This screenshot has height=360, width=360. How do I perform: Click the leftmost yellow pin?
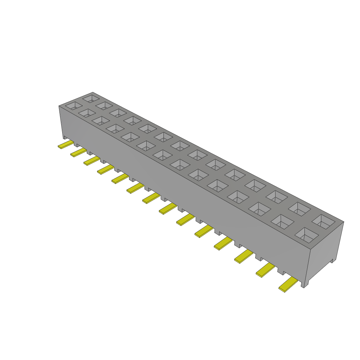tap(66, 144)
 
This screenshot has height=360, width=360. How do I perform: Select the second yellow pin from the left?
tap(78, 153)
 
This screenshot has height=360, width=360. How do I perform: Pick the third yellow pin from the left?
tap(91, 161)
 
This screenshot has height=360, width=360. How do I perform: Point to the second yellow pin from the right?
tap(265, 270)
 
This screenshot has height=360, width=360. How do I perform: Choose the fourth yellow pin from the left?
tap(105, 169)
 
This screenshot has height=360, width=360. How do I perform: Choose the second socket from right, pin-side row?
tap(282, 221)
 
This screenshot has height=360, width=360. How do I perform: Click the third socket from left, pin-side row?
tap(101, 120)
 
